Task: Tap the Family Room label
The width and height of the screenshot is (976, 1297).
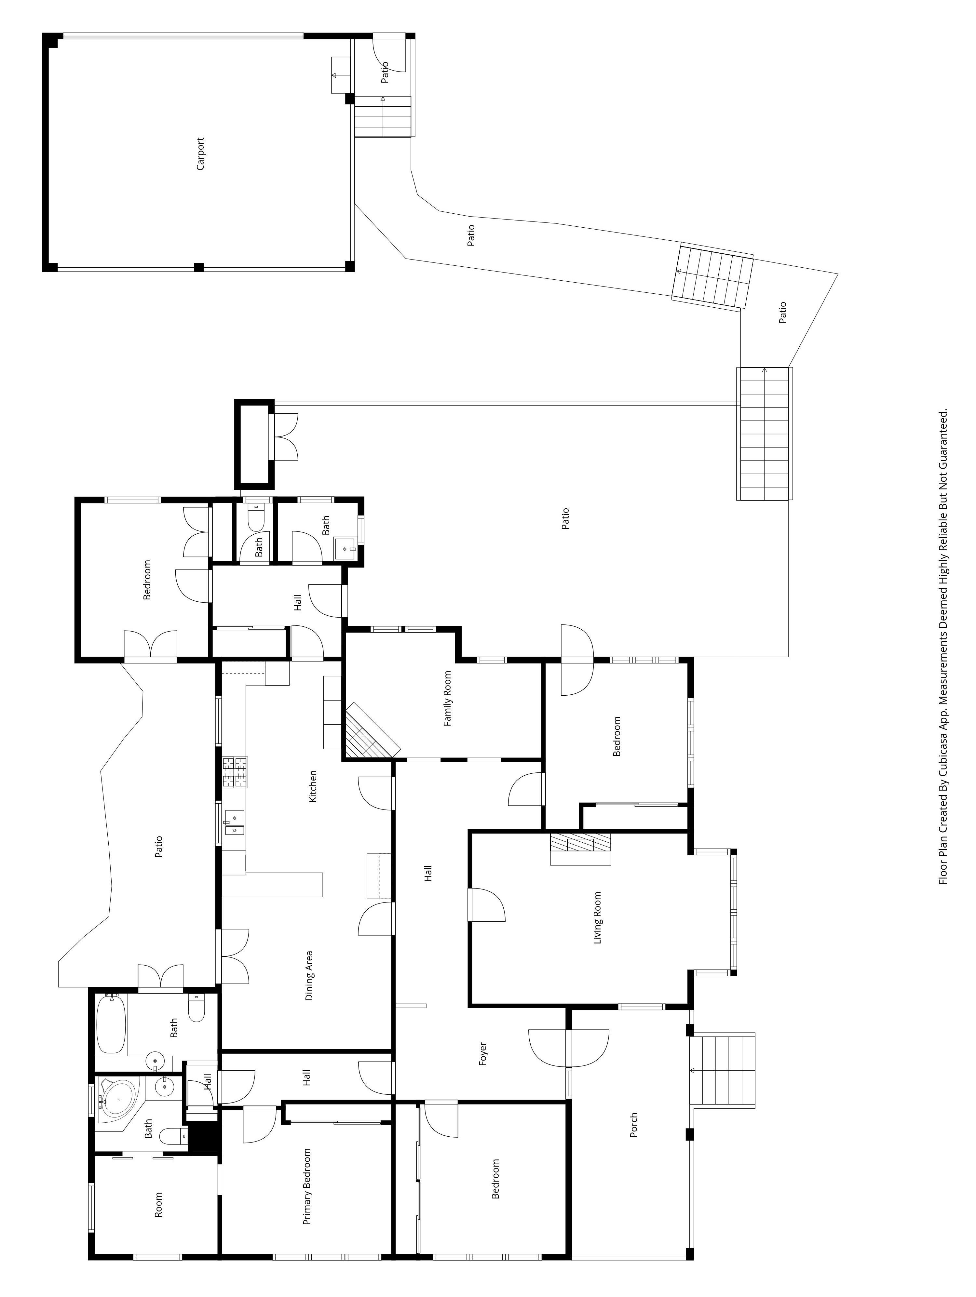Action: pyautogui.click(x=448, y=698)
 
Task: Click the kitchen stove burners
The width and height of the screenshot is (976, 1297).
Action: pyautogui.click(x=235, y=772)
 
